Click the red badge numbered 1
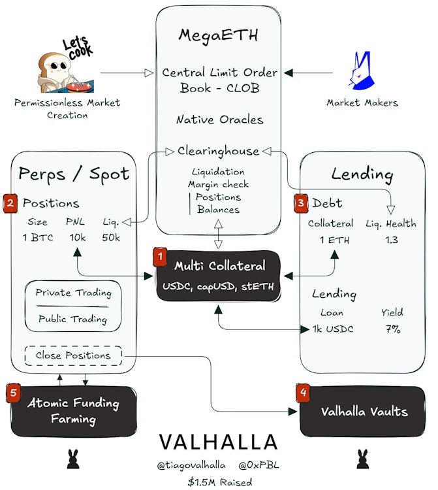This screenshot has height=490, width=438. click(x=160, y=257)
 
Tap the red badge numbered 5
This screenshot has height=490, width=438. click(x=13, y=393)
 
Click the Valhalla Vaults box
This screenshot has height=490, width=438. click(x=362, y=412)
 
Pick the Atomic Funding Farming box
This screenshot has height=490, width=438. click(x=74, y=411)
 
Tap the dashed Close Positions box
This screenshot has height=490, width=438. click(x=73, y=355)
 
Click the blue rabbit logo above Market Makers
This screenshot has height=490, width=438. click(x=361, y=71)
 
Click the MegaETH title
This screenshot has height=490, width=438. click(x=218, y=35)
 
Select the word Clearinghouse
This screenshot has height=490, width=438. click(x=218, y=152)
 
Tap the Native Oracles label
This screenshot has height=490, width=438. click(x=220, y=120)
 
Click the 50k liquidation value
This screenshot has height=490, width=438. click(x=111, y=238)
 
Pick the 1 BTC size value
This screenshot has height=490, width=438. click(x=38, y=238)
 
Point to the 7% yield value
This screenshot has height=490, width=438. click(x=393, y=329)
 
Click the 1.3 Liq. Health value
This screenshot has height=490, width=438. click(x=391, y=240)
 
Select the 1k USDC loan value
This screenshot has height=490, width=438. click(x=333, y=329)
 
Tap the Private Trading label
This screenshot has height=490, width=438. click(x=73, y=293)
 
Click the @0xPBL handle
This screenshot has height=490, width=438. click(x=258, y=465)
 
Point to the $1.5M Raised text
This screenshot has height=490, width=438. click(x=220, y=482)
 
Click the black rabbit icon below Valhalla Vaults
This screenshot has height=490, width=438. click(x=362, y=459)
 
